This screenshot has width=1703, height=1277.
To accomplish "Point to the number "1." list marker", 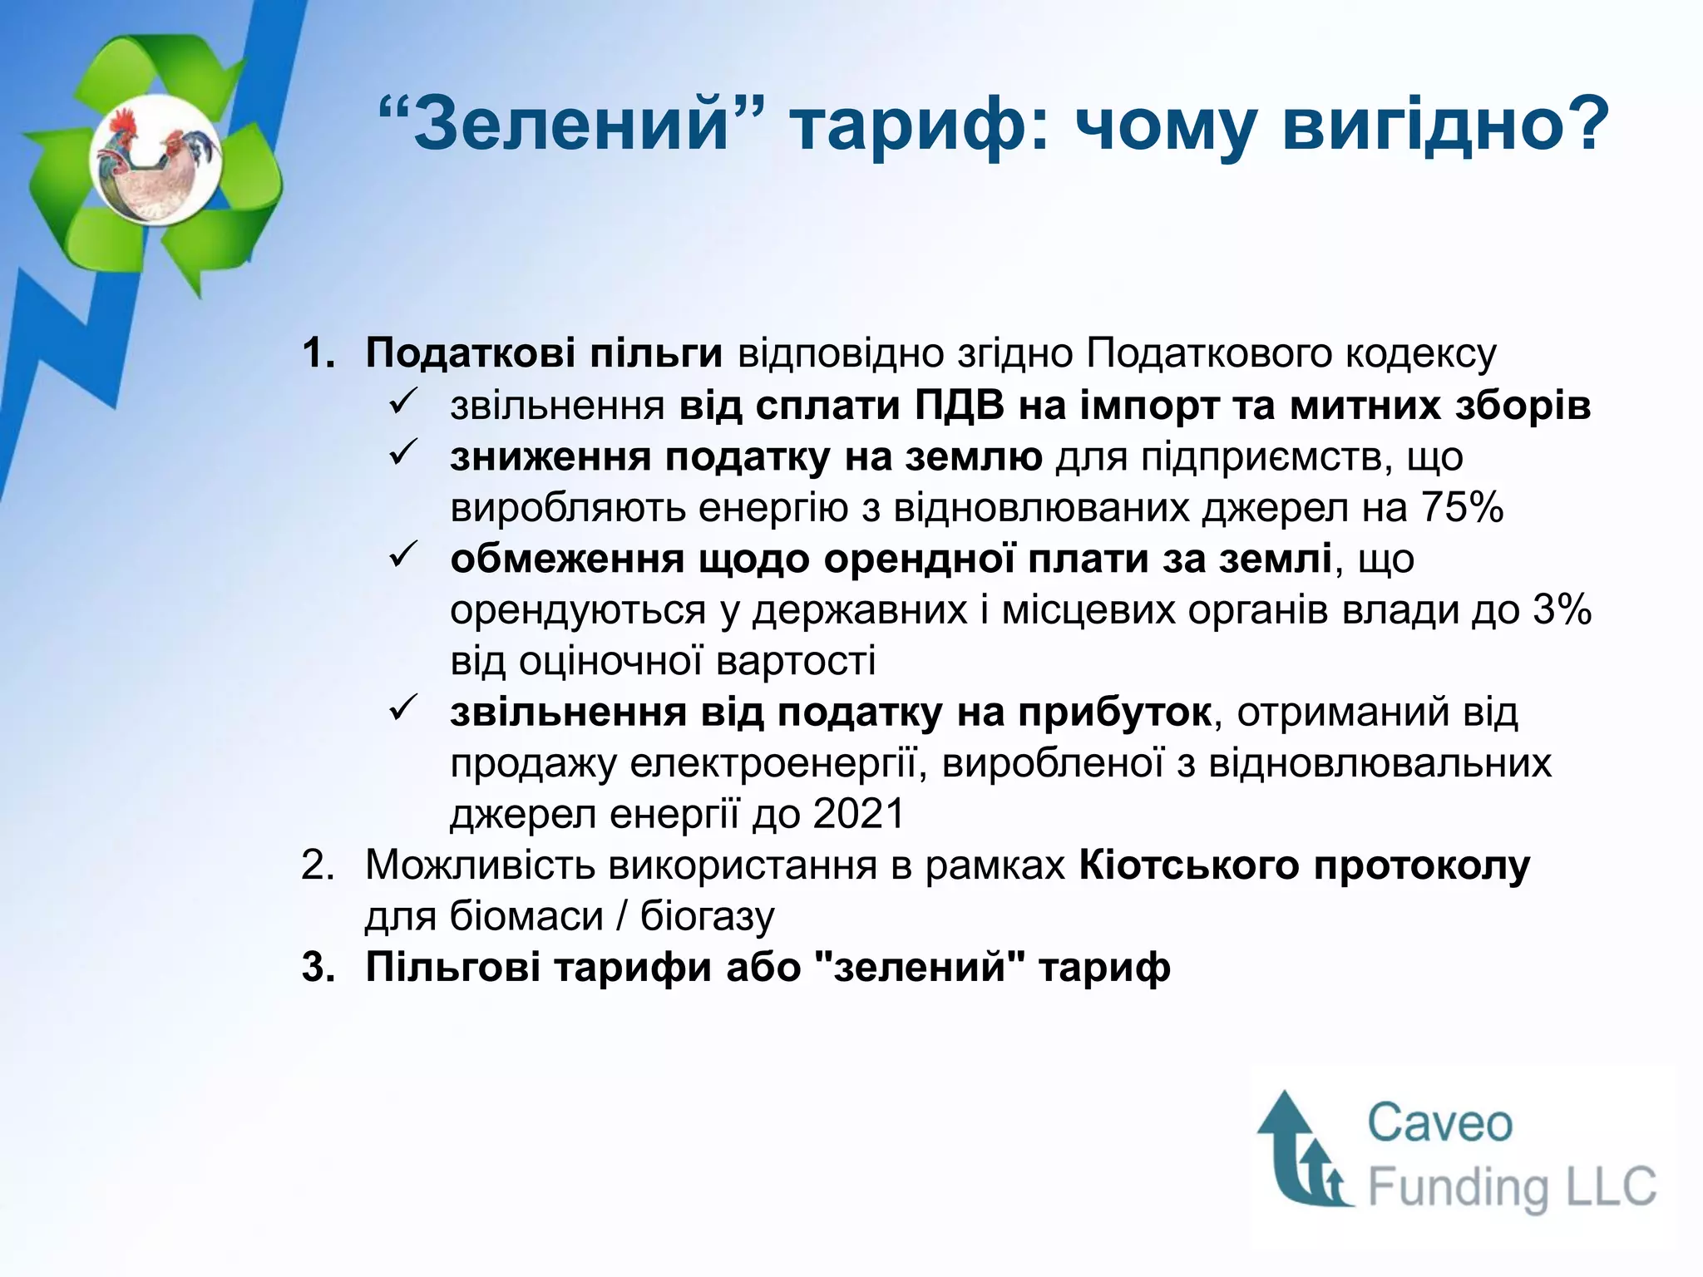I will [x=318, y=353].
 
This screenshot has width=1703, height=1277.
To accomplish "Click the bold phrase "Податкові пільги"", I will [x=544, y=353].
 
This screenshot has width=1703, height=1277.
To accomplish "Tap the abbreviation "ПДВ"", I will [x=960, y=406].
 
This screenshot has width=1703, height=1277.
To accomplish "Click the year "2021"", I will [x=858, y=814].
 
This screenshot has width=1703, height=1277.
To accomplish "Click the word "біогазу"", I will [x=707, y=917].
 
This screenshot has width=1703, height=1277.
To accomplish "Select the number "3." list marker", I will [x=318, y=968].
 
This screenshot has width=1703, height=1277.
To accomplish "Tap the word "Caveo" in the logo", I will [x=1439, y=1123].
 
